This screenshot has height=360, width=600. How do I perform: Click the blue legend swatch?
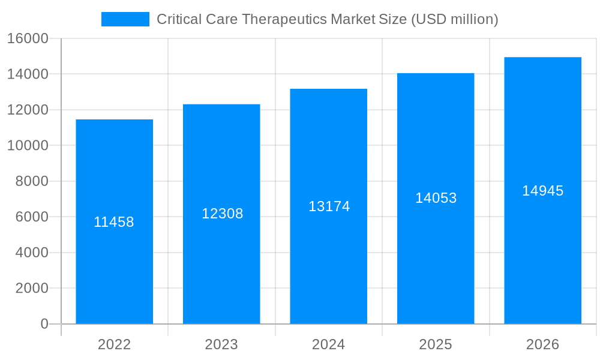click(x=125, y=19)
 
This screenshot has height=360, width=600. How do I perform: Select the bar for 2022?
click(x=114, y=270)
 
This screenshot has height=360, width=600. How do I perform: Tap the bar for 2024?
click(x=328, y=270)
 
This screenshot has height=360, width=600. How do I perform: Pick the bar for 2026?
click(x=542, y=270)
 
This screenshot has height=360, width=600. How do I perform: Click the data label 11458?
click(x=114, y=222)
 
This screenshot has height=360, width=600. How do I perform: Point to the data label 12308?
click(x=222, y=214)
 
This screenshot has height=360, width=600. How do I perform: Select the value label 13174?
click(x=329, y=206)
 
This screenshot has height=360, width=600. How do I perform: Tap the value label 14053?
click(x=436, y=198)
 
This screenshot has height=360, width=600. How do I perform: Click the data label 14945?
click(x=542, y=191)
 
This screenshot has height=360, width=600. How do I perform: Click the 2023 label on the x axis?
click(x=221, y=344)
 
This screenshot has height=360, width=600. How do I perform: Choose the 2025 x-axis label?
click(x=436, y=344)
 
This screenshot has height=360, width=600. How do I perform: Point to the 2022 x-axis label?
click(x=114, y=344)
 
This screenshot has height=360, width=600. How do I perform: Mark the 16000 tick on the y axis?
click(x=27, y=38)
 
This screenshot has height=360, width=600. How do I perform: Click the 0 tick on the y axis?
click(x=44, y=324)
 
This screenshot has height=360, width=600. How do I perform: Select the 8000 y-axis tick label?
click(x=31, y=181)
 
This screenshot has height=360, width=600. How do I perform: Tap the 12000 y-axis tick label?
click(x=27, y=110)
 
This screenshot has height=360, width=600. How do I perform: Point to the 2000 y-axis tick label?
click(x=31, y=288)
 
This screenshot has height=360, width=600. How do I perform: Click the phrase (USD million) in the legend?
click(x=454, y=19)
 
